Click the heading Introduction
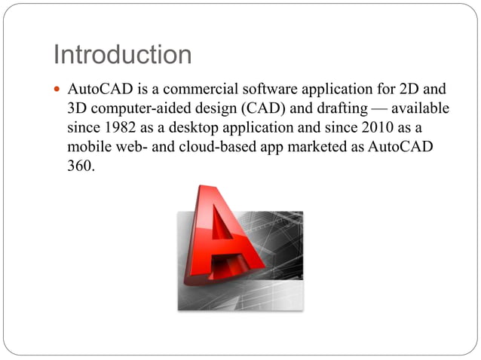[122, 54]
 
